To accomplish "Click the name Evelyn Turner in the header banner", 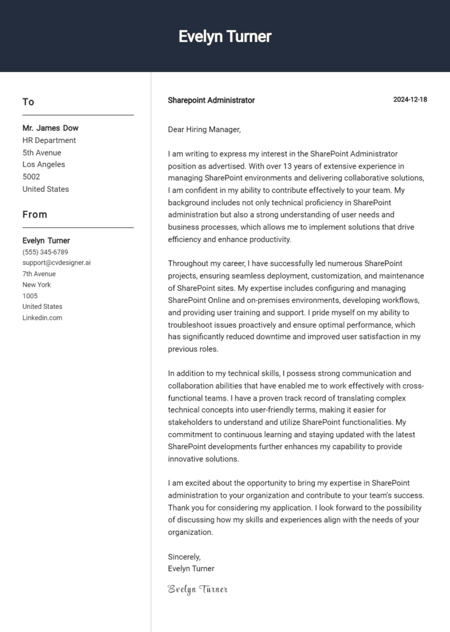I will point(225,36).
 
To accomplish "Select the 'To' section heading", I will point(28,102).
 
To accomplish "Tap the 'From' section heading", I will point(35,215).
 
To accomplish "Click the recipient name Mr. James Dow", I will point(50,128).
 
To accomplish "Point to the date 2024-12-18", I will point(410,100).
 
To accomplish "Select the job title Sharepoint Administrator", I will point(211,100).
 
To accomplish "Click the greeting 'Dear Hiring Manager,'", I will point(204,130).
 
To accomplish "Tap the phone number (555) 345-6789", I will point(45,252).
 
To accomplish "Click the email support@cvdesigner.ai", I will point(56,263).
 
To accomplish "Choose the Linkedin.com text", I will point(42,318).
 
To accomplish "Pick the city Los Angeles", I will point(44,165).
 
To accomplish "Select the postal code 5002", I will point(31,176).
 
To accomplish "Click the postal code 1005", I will point(30,296).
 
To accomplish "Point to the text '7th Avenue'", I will point(39,274).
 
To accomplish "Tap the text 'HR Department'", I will point(49,141).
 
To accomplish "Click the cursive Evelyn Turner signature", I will point(197,589).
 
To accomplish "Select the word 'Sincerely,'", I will point(184,557).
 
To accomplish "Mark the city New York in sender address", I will point(37,285).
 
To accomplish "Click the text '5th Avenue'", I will point(42,152).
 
